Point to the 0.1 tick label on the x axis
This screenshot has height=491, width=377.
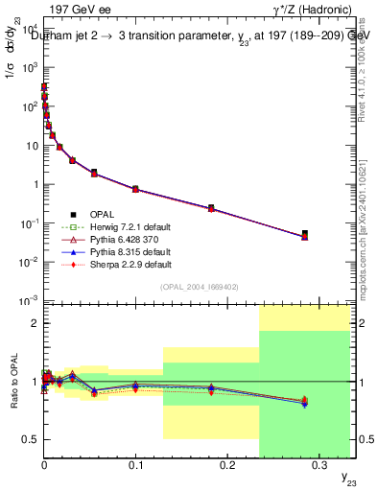(x=134, y=464)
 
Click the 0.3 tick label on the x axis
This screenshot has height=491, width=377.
(x=318, y=464)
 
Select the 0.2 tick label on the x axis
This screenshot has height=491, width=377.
(x=226, y=464)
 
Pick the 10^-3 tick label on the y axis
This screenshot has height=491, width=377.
(x=26, y=301)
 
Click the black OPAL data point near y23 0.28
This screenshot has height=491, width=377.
(x=304, y=234)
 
